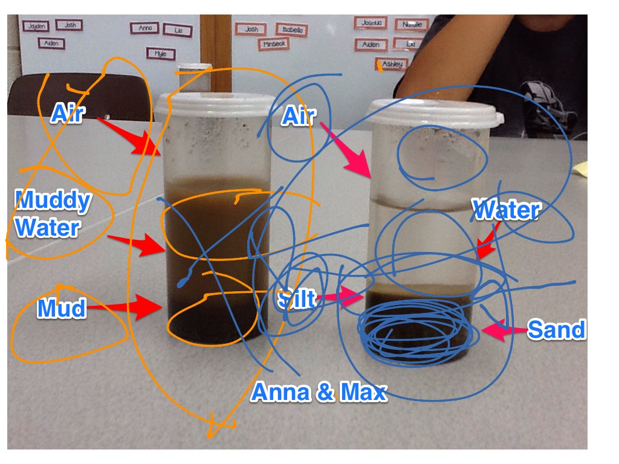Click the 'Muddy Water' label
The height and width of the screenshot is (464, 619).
(x=53, y=214)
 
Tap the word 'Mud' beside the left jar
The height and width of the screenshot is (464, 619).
(x=62, y=309)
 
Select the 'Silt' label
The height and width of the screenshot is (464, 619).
(x=296, y=299)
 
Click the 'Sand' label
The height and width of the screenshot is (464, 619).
(x=556, y=330)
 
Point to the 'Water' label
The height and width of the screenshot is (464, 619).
(x=506, y=210)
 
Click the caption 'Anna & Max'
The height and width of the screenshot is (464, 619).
(x=318, y=393)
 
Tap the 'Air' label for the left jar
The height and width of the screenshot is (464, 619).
(x=66, y=113)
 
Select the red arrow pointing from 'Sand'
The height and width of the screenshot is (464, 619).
(x=502, y=331)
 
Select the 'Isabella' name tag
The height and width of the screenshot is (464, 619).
(x=292, y=30)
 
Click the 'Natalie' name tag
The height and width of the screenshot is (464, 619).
(x=412, y=25)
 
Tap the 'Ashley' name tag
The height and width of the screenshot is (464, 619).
(x=392, y=63)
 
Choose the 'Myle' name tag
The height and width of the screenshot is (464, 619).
(x=160, y=54)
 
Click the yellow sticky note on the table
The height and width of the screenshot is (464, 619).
(x=581, y=168)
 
